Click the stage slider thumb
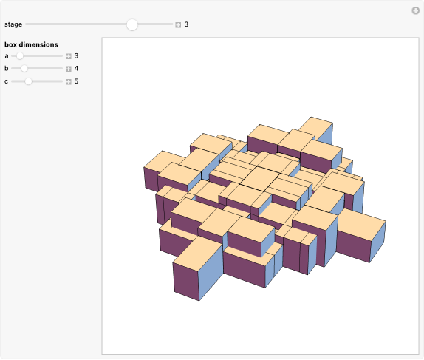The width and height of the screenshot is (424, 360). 132,24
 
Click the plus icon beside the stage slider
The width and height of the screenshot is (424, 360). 178,24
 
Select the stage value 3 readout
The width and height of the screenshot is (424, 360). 186,24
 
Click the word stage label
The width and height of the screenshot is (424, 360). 13,24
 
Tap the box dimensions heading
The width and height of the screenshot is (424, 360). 31,44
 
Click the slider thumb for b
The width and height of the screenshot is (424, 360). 24,68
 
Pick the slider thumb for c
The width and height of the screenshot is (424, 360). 28,81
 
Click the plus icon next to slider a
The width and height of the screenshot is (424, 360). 68,55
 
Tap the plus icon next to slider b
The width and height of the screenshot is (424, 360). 68,68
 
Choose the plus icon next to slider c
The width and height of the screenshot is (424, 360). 68,81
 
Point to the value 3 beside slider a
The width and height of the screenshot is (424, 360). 76,55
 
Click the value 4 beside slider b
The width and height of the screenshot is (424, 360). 76,68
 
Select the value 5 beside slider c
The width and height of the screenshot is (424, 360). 76,81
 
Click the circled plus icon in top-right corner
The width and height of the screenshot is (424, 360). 415,10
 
